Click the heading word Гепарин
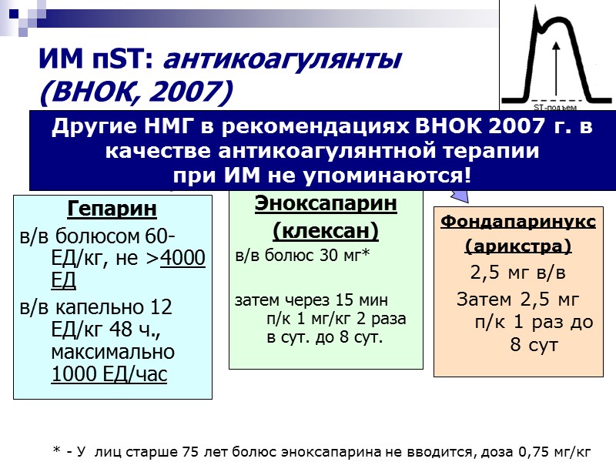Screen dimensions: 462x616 (x=112, y=209)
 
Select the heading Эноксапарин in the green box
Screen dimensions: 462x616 (x=326, y=204)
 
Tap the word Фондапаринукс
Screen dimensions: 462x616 (x=517, y=223)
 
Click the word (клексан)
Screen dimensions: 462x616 (x=326, y=230)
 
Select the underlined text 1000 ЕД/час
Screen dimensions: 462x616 (x=109, y=374)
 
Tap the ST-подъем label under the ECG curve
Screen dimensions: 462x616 (x=554, y=107)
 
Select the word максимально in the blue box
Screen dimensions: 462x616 (x=112, y=352)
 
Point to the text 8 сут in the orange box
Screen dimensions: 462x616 (x=533, y=345)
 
